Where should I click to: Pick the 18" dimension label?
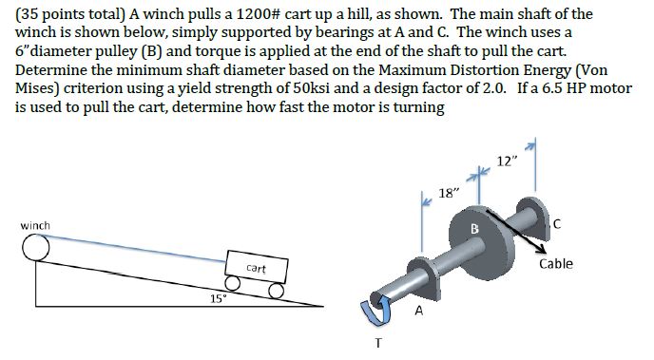(x=452, y=193)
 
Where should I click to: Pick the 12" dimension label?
(x=508, y=161)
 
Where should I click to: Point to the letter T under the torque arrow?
(x=377, y=343)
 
